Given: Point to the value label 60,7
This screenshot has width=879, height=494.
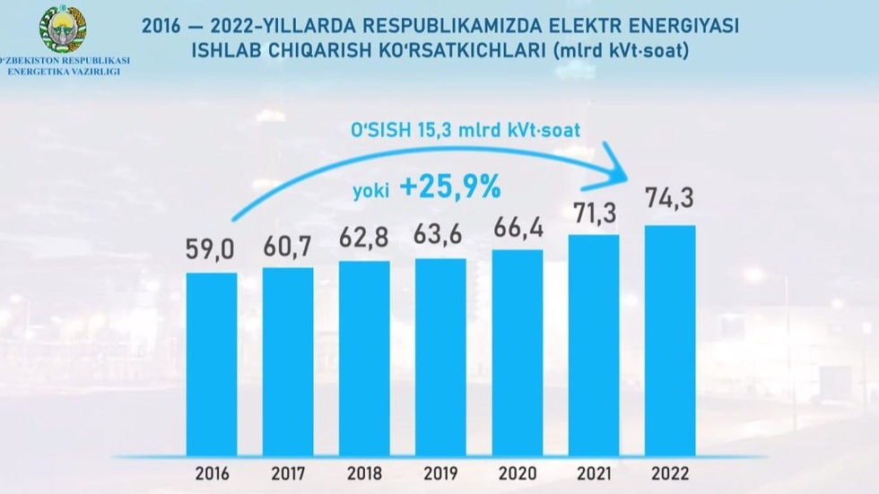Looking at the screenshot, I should [x=288, y=245].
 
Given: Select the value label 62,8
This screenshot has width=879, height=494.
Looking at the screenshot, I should [x=364, y=239].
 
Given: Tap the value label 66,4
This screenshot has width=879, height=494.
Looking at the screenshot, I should [x=518, y=228].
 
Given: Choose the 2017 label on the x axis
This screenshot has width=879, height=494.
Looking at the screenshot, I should [x=288, y=472].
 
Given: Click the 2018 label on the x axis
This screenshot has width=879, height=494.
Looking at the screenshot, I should [x=364, y=472].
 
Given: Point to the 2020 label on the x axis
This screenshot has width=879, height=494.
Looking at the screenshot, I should [x=518, y=472].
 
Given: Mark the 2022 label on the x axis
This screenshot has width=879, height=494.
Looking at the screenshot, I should [x=670, y=472].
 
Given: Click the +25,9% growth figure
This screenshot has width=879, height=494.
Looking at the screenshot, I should [x=449, y=187].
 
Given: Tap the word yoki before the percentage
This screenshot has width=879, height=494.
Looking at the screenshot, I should [x=370, y=190].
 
